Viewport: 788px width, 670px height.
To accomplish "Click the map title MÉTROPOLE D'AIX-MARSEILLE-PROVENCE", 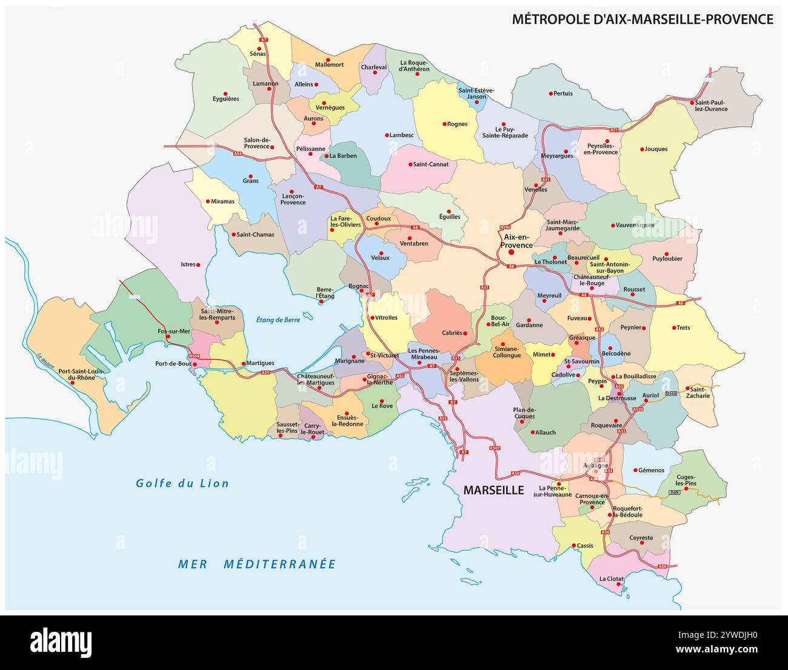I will [643, 19].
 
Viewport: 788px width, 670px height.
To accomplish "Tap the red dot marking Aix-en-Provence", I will [511, 252].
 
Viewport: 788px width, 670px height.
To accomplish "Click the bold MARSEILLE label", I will [493, 490].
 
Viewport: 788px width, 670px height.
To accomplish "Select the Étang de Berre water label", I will [278, 320].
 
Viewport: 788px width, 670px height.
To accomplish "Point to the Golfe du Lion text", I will [182, 483].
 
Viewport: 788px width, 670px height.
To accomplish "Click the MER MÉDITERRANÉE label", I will [256, 564].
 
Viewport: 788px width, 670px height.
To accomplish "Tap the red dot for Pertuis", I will [551, 93].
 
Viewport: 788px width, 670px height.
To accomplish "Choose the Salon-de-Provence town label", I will [256, 143].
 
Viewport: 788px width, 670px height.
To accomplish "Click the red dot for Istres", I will [199, 264].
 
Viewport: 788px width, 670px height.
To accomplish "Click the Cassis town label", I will [585, 546].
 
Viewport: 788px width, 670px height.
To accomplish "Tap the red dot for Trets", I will [673, 327].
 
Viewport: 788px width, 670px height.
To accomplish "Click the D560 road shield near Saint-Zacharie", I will [670, 394].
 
